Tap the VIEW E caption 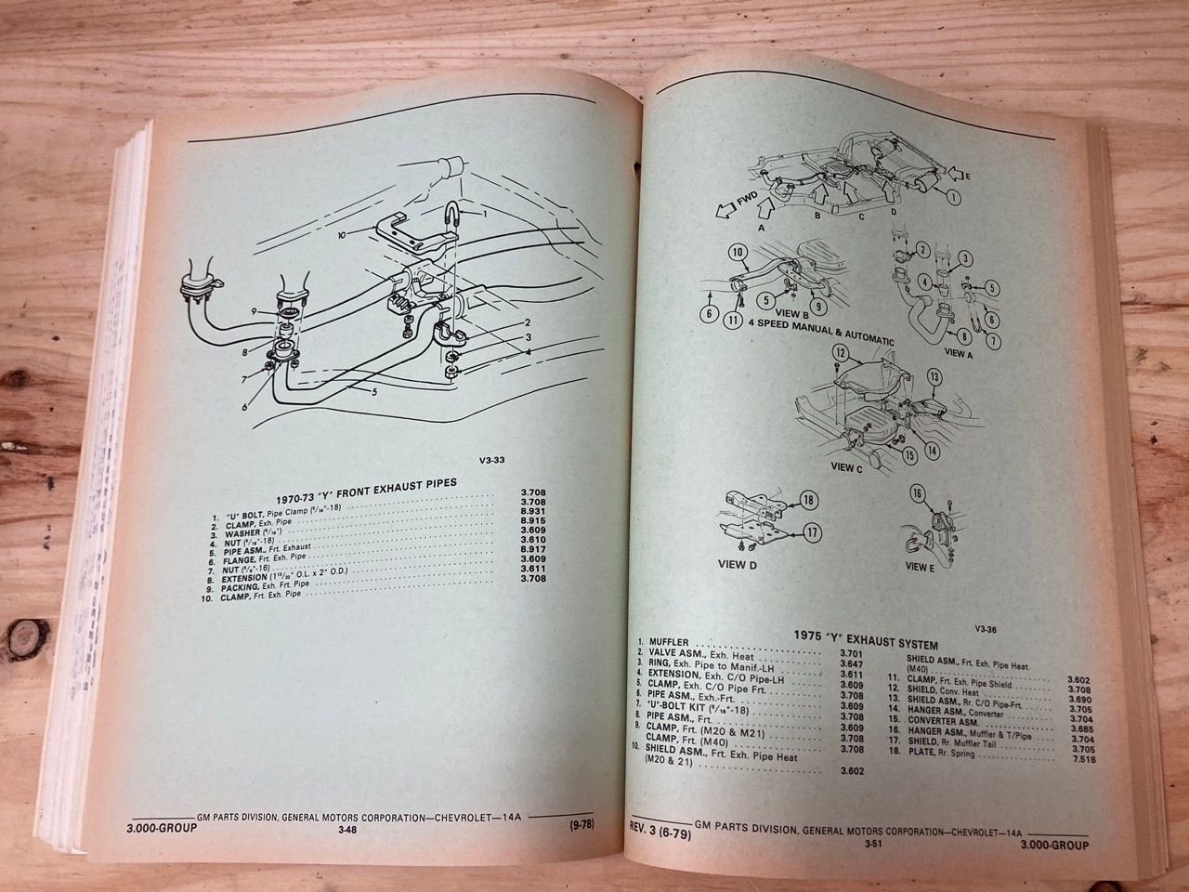[x=919, y=567]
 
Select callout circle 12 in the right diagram [x=840, y=354]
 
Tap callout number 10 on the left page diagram [x=342, y=236]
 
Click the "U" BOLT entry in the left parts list [x=247, y=515]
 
